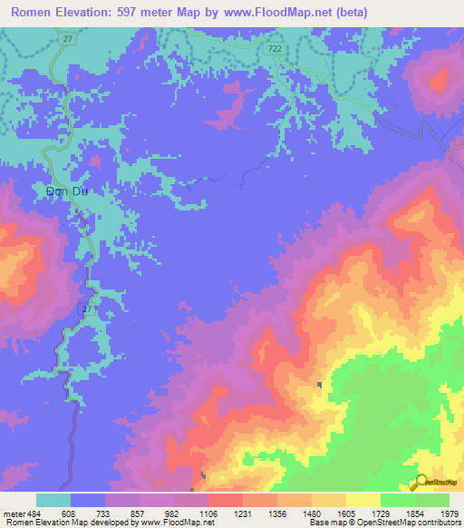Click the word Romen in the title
pyautogui.click(x=33, y=12)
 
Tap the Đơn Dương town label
pyautogui.click(x=70, y=191)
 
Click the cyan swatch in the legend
pyautogui.click(x=53, y=500)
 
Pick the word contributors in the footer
pyautogui.click(x=437, y=523)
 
